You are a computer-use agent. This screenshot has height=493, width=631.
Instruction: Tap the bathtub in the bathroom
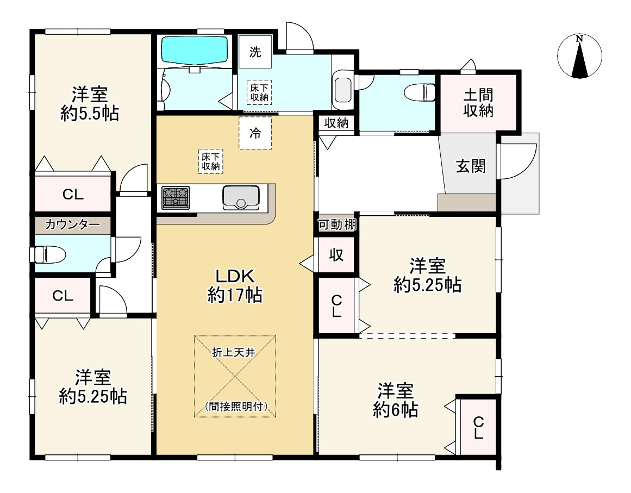point(195,51)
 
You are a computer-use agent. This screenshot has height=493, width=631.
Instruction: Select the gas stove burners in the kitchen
point(176,197)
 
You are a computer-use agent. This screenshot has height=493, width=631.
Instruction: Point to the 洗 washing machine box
point(255,52)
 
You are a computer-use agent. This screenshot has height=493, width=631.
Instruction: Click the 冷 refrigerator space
point(255,133)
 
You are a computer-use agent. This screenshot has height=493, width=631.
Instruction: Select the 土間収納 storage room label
point(478,103)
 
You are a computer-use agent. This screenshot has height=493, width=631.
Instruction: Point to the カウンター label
point(72,224)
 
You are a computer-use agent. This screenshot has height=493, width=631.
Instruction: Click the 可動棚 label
point(337,224)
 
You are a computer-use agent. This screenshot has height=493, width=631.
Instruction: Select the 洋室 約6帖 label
point(396,400)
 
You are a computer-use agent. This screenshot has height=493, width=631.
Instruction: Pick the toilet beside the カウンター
point(50,254)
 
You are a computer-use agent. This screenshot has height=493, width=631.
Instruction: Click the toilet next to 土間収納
point(421,92)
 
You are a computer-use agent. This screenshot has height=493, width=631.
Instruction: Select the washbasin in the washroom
point(343,89)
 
